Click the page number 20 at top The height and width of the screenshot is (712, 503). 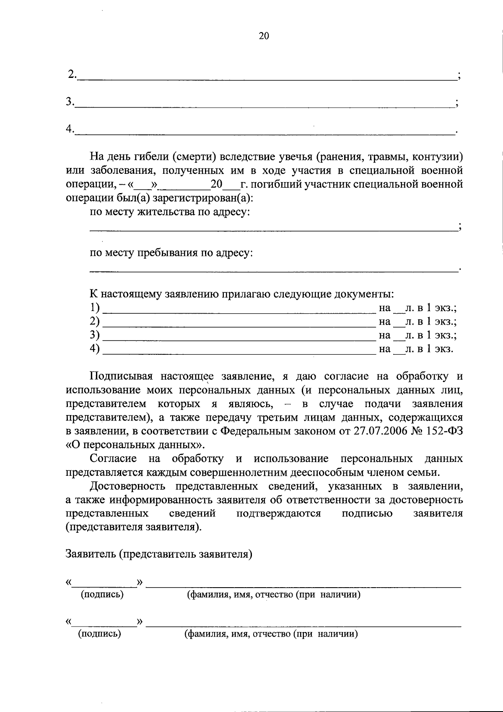click(x=264, y=36)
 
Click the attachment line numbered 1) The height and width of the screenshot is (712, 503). click(x=239, y=312)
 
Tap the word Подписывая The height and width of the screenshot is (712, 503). click(x=120, y=376)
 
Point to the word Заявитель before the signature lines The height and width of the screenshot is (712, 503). click(x=90, y=555)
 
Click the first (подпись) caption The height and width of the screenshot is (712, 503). click(x=102, y=594)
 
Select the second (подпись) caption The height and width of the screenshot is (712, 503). click(x=99, y=634)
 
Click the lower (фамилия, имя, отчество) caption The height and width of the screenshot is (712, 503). click(x=271, y=634)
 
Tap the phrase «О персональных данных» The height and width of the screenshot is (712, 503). click(x=136, y=444)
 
